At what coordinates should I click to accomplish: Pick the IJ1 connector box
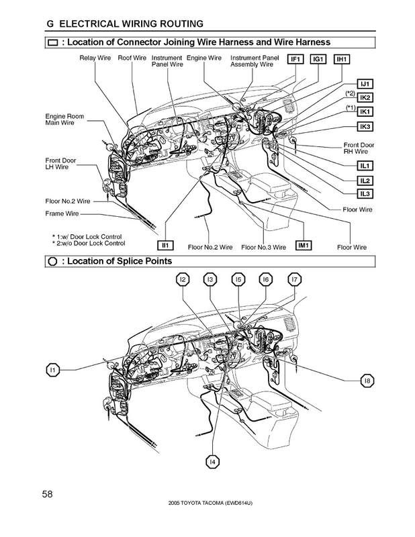(367, 84)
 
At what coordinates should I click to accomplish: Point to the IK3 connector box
(367, 127)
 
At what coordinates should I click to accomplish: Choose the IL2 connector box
(367, 181)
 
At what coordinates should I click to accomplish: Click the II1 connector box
(166, 245)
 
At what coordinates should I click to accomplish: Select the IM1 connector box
(302, 246)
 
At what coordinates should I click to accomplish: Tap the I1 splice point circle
(54, 369)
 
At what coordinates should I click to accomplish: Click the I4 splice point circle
(212, 461)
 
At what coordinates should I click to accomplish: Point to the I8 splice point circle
(367, 382)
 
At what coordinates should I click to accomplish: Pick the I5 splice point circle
(238, 279)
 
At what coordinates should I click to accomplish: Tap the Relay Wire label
(95, 58)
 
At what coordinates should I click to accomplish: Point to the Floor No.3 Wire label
(263, 248)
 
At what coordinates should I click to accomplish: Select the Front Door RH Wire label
(359, 148)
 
